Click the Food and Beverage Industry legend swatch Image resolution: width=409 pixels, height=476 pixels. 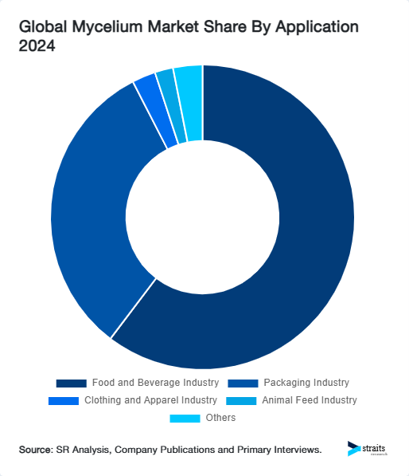(x=71, y=384)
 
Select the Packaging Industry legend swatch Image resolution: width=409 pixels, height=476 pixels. (x=242, y=384)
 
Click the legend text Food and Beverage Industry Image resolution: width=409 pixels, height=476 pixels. (x=155, y=383)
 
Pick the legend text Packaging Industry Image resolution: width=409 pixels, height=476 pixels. (x=306, y=383)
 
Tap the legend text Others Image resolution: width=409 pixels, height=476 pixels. (x=220, y=418)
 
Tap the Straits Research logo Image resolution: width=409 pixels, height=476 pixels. (x=367, y=449)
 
